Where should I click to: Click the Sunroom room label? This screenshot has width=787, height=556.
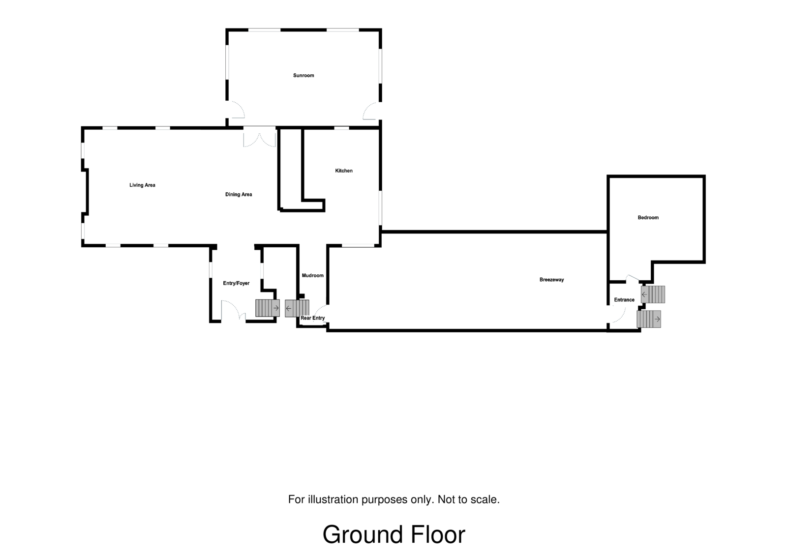pos(303,76)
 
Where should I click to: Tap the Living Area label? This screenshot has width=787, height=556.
pos(142,185)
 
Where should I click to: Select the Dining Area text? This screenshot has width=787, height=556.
pos(239,195)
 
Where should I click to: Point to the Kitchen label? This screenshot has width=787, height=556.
pos(344,171)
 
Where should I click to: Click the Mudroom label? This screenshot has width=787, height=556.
pos(312,276)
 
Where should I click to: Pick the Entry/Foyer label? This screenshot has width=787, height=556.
pos(236,284)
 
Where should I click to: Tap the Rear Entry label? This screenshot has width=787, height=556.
pos(313,318)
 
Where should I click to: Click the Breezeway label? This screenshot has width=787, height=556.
pos(551,280)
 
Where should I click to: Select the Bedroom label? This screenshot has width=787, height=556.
pos(648,218)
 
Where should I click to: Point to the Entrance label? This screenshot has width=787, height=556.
pos(624,300)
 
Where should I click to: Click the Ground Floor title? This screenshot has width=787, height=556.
pos(393,535)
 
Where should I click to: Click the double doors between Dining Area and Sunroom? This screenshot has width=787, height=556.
pos(260,138)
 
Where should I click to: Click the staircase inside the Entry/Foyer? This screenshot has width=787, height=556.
pos(267,308)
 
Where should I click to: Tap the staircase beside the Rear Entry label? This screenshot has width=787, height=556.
pos(297,308)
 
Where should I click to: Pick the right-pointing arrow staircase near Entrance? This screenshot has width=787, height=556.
pos(649,319)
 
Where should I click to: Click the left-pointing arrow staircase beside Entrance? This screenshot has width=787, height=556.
pos(653,294)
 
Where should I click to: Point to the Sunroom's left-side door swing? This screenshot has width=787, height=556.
pos(237,110)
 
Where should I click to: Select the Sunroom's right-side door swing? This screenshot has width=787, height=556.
pos(370,111)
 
